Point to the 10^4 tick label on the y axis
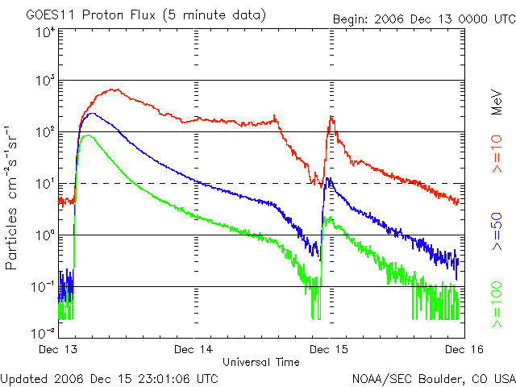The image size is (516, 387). point(45,33)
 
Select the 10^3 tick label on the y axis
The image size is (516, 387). point(45,81)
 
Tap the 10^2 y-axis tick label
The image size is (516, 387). point(45,132)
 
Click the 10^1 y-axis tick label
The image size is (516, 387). point(45,184)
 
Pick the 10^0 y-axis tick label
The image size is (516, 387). point(45,235)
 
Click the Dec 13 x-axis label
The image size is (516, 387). point(59,350)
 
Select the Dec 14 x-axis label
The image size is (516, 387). point(194,350)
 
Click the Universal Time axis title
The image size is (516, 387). point(260,362)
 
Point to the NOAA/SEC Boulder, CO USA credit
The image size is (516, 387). point(433,377)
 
